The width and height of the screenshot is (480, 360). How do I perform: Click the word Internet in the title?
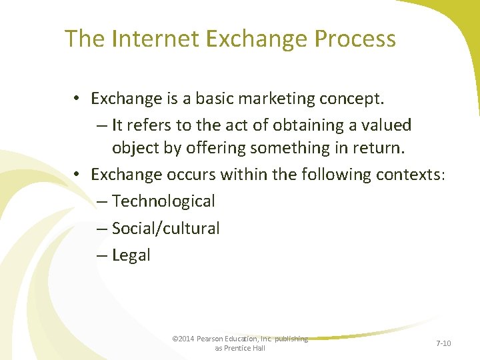point(157,39)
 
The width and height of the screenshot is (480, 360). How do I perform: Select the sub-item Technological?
point(163,201)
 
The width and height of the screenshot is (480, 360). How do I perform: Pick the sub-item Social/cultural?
point(165,228)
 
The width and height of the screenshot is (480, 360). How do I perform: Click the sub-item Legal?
point(131,255)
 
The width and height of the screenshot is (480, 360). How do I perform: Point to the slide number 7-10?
point(443,343)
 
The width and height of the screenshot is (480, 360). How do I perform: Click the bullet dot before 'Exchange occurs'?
point(78,175)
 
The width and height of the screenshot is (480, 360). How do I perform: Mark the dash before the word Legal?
point(101,255)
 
